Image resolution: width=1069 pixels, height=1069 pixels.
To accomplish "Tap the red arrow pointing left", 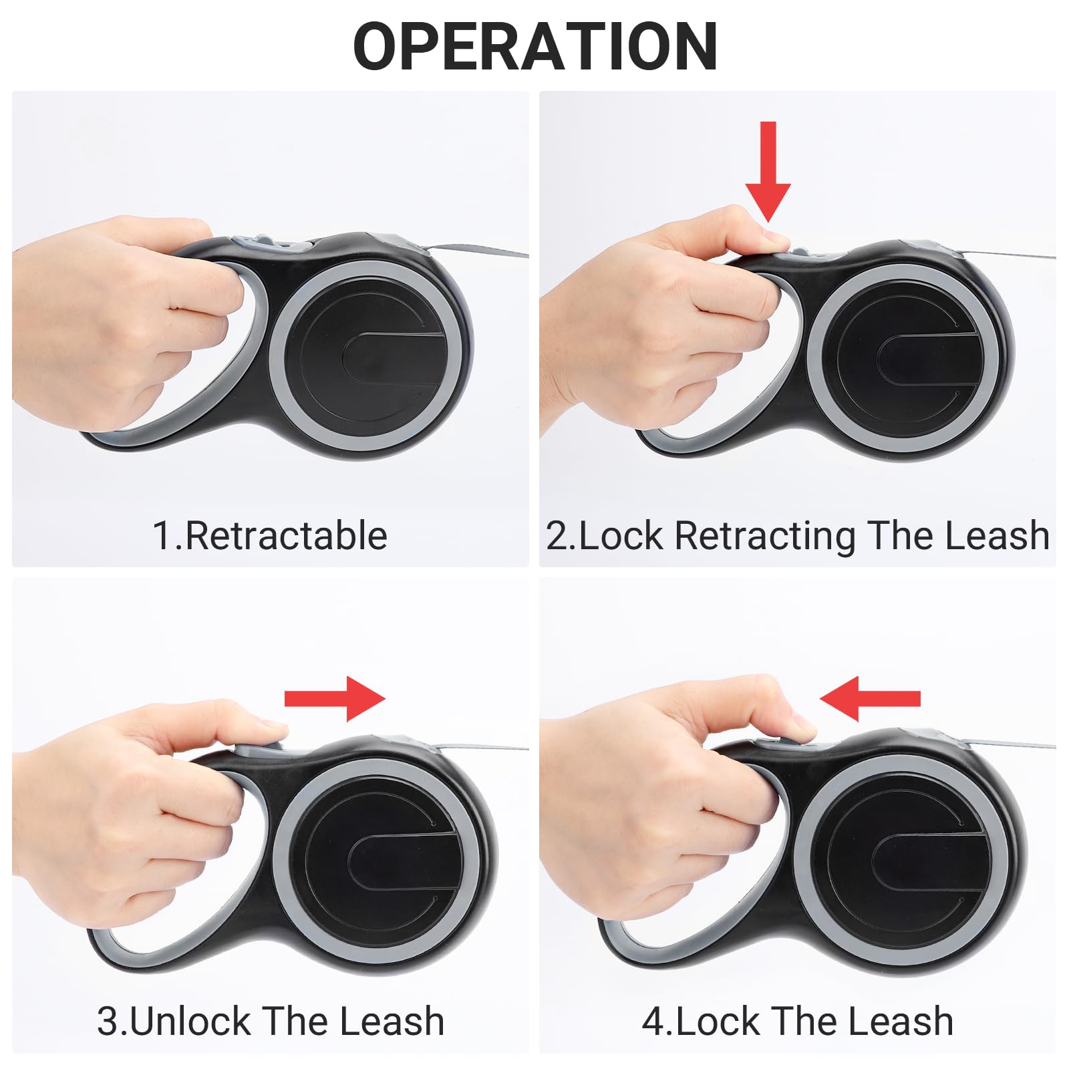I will pos(869,699).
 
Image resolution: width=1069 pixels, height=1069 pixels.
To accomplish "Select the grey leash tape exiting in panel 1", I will pos(481,253).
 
